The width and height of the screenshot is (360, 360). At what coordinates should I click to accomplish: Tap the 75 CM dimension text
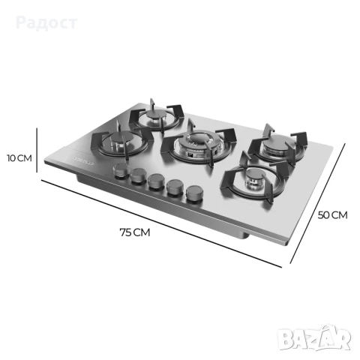click(135, 232)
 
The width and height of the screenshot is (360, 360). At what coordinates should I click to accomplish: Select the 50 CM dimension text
click(333, 214)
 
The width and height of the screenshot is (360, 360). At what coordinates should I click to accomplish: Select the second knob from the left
click(138, 178)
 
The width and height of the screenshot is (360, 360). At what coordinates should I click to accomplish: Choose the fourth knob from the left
click(175, 187)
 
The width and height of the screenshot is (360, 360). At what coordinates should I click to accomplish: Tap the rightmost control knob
click(195, 191)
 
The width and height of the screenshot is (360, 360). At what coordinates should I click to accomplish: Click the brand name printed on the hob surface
click(87, 164)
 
